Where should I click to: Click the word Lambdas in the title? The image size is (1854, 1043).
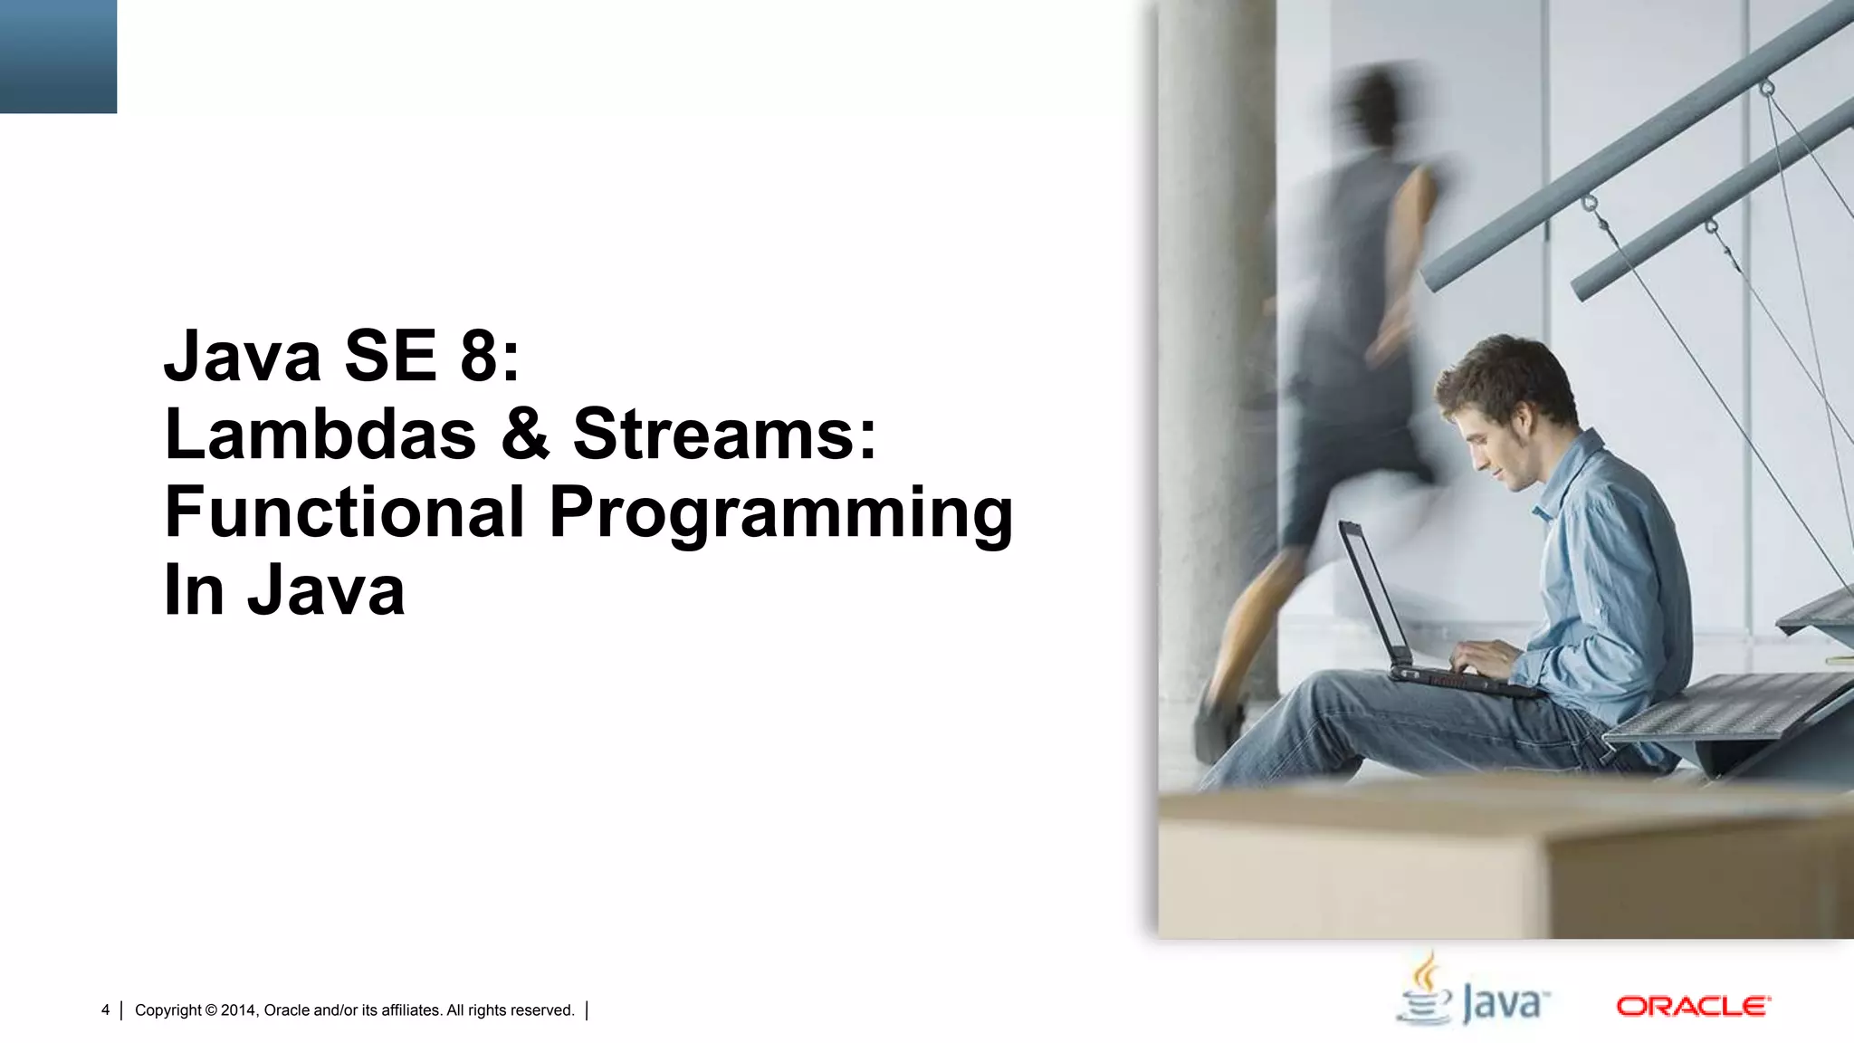(x=320, y=435)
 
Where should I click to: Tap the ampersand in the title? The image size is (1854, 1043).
(x=525, y=435)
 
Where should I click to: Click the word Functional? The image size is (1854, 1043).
(x=344, y=512)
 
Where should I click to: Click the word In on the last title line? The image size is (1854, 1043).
(x=193, y=590)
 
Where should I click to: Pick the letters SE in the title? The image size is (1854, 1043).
(x=389, y=357)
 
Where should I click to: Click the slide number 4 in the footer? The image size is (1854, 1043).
(x=105, y=1010)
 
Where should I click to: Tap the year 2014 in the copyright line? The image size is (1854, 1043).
(x=239, y=1010)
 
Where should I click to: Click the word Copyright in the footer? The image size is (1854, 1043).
(x=167, y=1010)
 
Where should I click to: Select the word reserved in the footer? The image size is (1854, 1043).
(x=542, y=1010)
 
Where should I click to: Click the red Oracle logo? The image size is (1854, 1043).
(x=1693, y=1007)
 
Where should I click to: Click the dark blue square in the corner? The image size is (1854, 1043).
(x=58, y=56)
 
